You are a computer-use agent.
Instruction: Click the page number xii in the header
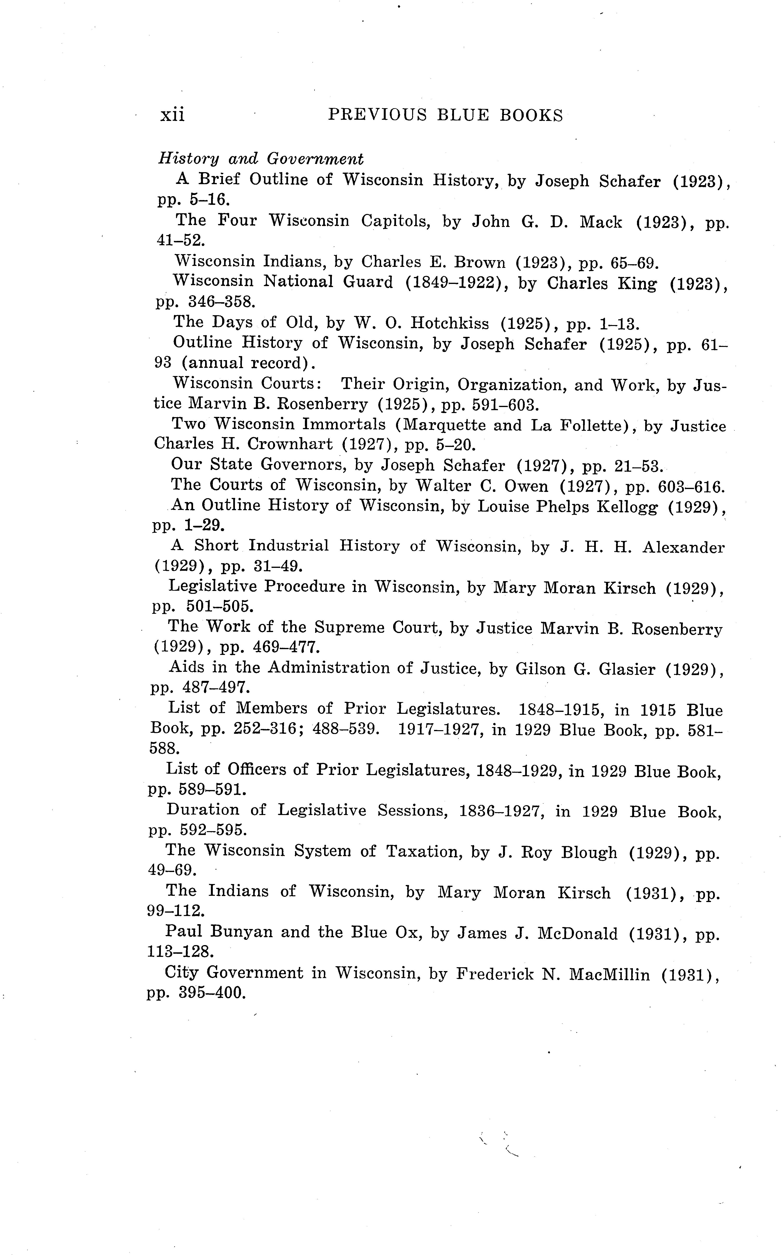coord(172,115)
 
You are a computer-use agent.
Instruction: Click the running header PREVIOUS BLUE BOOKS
coord(445,115)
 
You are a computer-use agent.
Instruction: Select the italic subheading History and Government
coord(261,158)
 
